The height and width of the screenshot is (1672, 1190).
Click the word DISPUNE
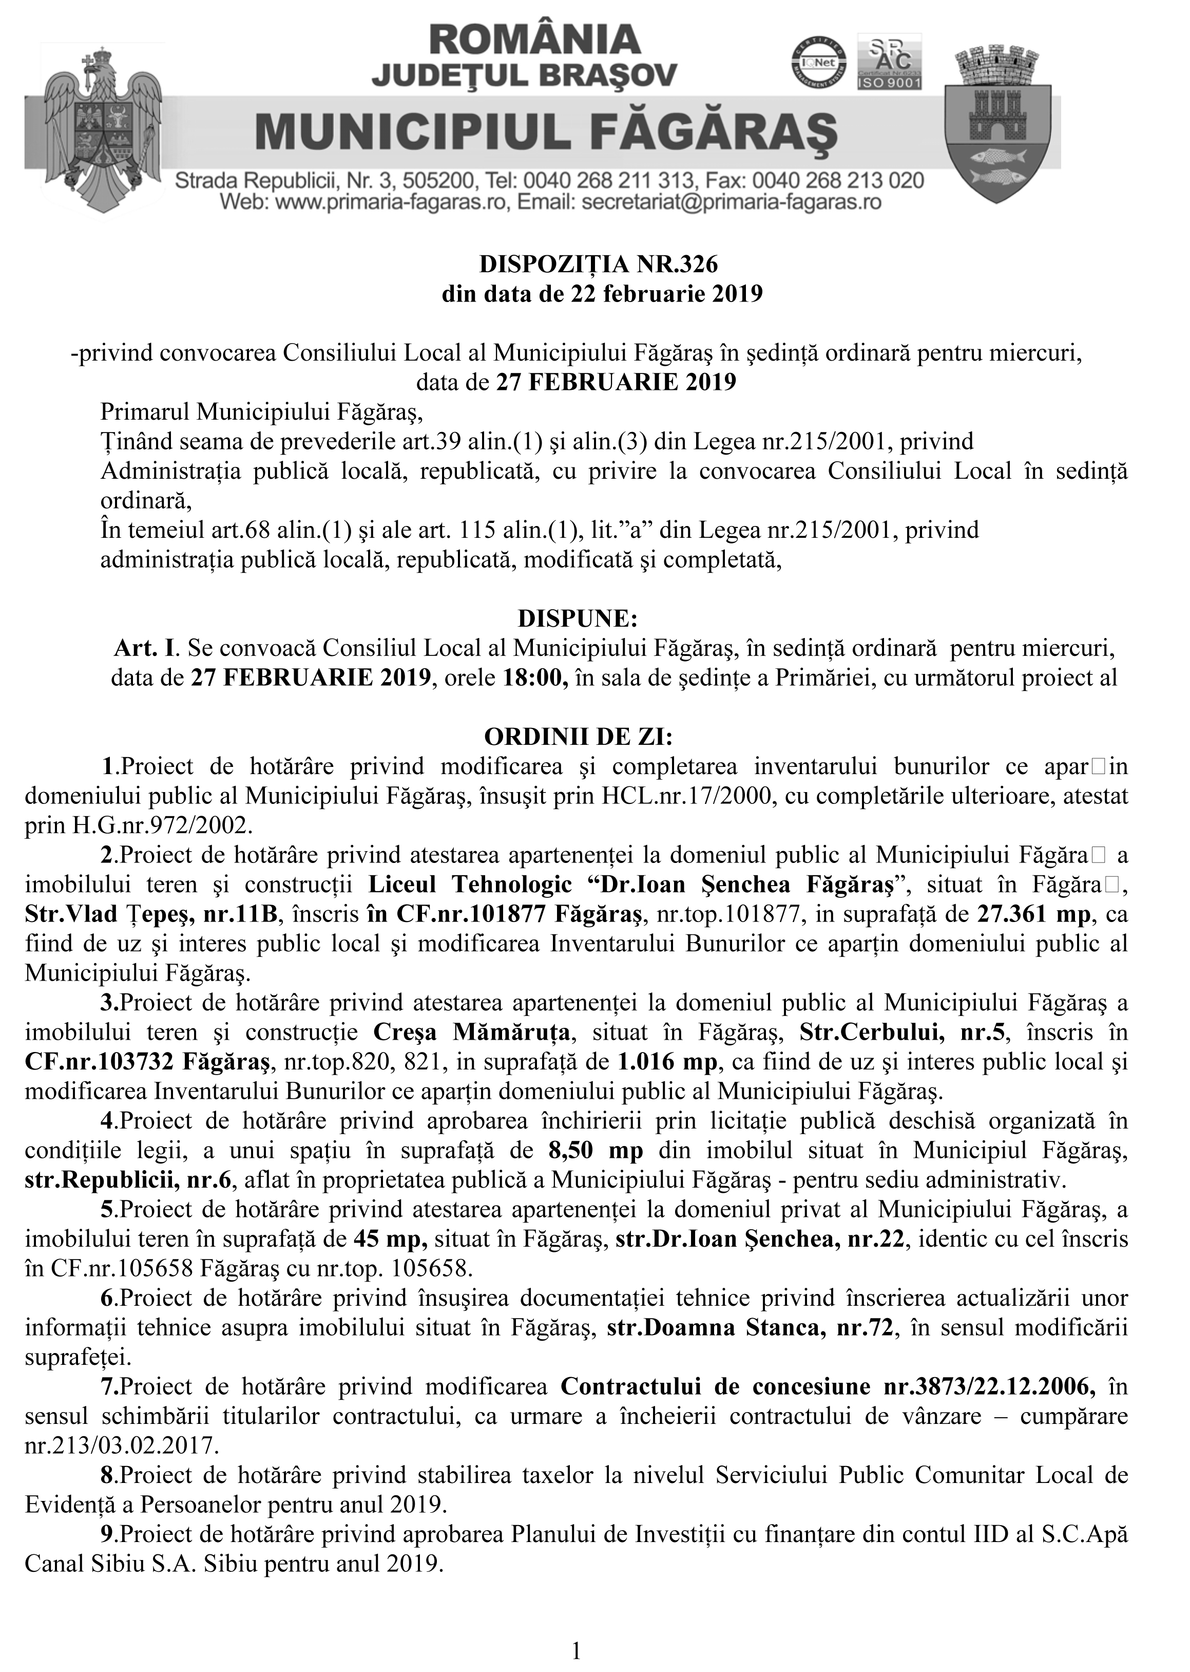(578, 618)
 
